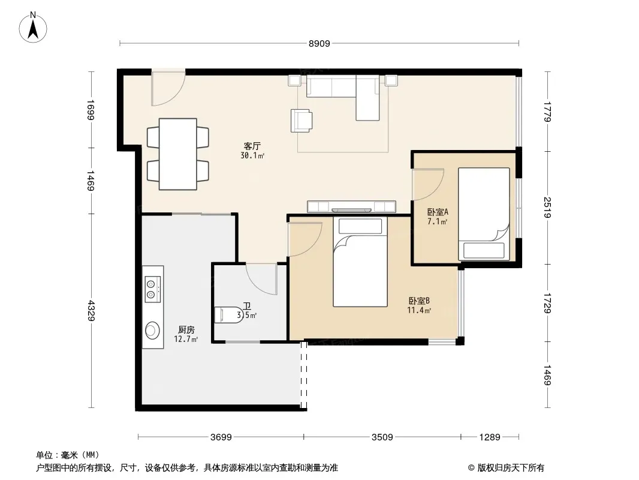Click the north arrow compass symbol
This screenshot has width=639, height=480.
[33, 28]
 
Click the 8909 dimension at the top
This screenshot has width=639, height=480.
[319, 44]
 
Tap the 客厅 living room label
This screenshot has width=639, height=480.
[252, 146]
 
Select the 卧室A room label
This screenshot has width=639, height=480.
[438, 212]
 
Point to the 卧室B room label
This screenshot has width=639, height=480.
[419, 301]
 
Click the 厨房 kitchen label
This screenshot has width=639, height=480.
[186, 330]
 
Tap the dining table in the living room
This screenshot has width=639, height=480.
[177, 154]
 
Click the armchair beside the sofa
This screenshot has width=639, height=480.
[302, 121]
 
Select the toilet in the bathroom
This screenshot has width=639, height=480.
[228, 315]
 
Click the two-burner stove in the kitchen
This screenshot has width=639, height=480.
[152, 289]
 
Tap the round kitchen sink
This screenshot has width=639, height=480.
[152, 331]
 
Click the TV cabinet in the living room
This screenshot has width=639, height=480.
[351, 206]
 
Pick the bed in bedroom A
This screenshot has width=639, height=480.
[484, 214]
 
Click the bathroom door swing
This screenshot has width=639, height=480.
[261, 280]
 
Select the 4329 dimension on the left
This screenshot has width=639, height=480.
[91, 311]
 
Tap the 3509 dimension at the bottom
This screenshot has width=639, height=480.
[382, 437]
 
